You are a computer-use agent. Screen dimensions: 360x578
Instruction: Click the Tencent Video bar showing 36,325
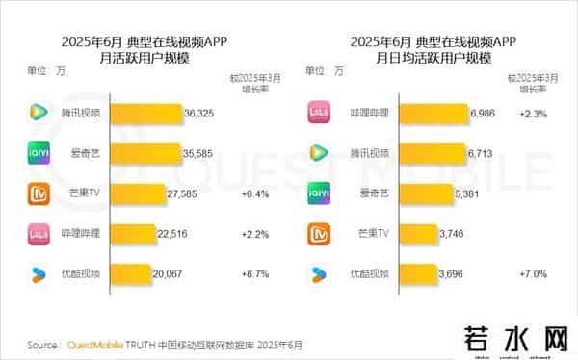tap(144, 114)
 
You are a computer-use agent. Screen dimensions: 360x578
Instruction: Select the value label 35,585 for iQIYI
tap(199, 153)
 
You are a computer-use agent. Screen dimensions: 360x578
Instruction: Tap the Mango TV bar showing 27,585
tap(135, 193)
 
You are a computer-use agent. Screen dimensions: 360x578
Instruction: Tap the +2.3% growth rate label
tap(534, 114)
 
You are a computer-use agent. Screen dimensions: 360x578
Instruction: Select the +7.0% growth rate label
tap(534, 273)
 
